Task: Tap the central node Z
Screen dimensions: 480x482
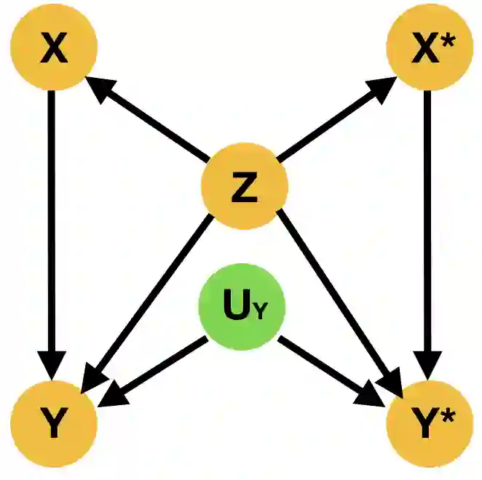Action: (244, 187)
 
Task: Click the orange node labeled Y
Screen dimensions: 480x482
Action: (53, 425)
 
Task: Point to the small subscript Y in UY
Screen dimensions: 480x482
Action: (261, 314)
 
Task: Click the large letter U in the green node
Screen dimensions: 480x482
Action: (235, 308)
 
